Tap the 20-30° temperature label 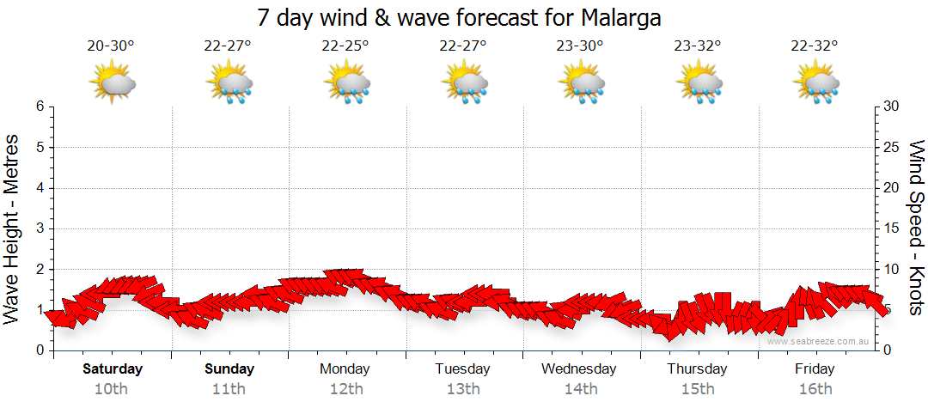coord(111,46)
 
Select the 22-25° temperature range coord(345,46)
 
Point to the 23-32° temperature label coord(698,46)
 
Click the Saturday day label coord(113,369)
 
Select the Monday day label coord(345,369)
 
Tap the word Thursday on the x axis coord(698,369)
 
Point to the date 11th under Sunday coord(230,389)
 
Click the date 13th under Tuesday coord(462,389)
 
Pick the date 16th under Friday coord(815,389)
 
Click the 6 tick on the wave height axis coord(40,107)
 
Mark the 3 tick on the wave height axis coord(40,228)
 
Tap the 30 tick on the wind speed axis coord(892,107)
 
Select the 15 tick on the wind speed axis coord(892,228)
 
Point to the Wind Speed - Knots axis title coord(915,227)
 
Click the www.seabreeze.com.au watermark coord(820,341)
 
